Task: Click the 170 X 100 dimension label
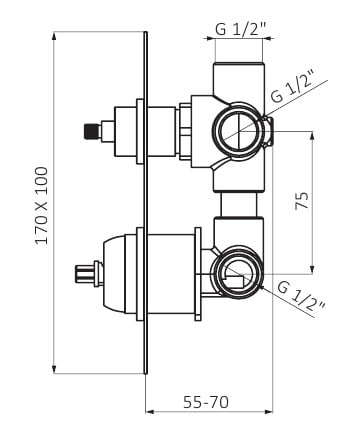pos(42,206)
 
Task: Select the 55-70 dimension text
pos(206,402)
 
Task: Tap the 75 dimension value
pos(302,200)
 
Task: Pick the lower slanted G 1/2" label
pos(301,297)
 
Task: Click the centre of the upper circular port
pos(239,130)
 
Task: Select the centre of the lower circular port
pos(239,274)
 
